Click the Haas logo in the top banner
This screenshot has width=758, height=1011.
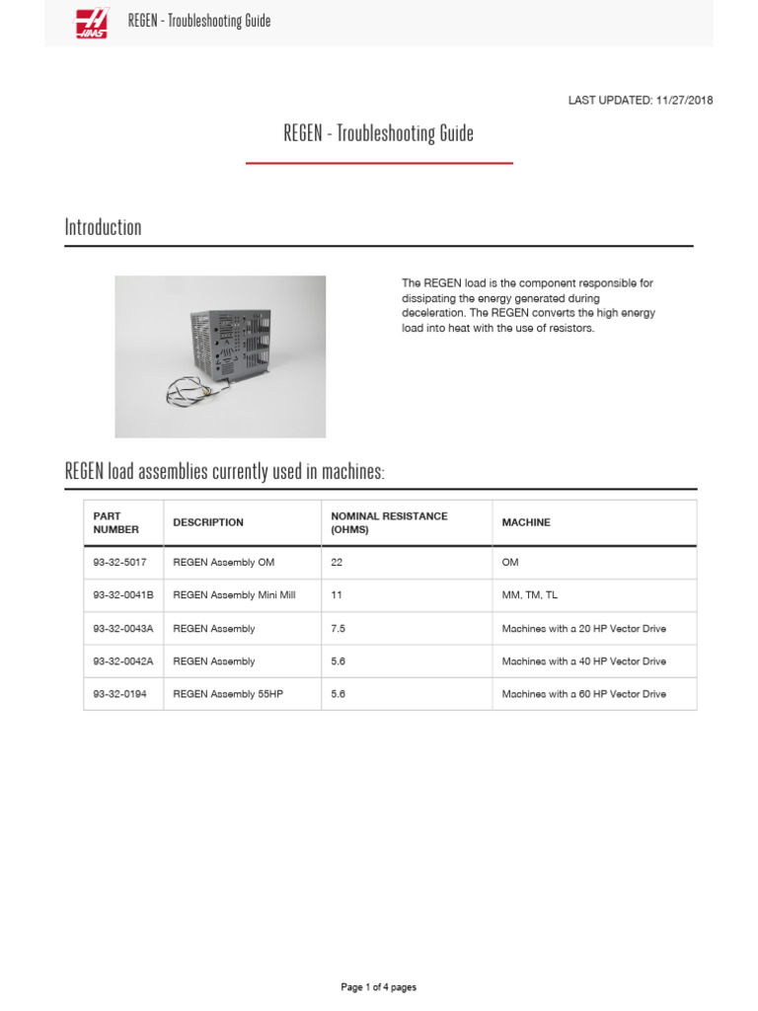pos(94,22)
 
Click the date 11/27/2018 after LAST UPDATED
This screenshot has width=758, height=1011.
pos(683,100)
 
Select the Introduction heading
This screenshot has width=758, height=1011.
pos(103,227)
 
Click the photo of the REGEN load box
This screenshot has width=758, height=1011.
pos(220,356)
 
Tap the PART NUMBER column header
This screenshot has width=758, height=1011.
pos(115,522)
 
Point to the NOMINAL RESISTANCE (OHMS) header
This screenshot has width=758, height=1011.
pos(389,522)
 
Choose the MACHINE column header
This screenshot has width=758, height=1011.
pos(526,522)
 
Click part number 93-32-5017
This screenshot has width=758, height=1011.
pos(119,562)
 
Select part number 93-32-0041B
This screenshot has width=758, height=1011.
pos(122,595)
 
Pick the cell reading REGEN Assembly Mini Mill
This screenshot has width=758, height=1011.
pos(234,595)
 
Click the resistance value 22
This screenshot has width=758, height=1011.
pos(337,562)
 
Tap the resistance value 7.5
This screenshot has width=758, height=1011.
pos(338,628)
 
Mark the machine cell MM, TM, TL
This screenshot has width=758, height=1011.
pos(529,595)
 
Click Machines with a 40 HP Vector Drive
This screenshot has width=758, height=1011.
pos(583,661)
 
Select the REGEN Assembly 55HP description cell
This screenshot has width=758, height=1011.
pos(228,694)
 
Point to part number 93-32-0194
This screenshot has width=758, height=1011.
pos(119,694)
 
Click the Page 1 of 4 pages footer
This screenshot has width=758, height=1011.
pos(378,987)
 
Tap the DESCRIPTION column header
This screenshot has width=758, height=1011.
pos(207,522)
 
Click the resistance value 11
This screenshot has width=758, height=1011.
pos(336,595)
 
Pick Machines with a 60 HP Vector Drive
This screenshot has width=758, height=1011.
pos(583,694)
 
